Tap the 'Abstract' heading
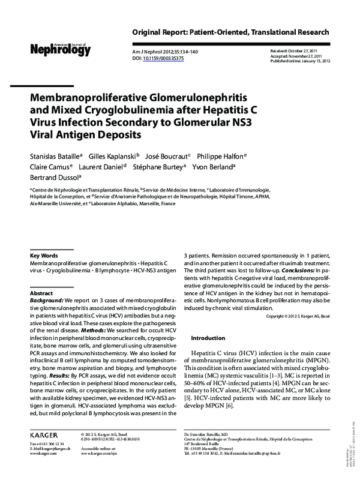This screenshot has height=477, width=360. coord(41,293)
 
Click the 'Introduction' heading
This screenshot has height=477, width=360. coord(208,338)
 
